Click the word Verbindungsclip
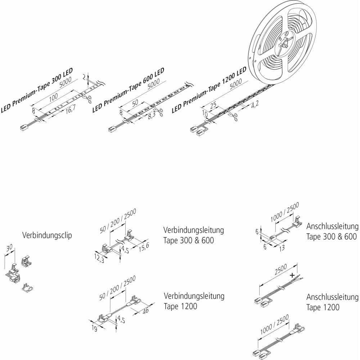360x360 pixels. tap(47, 235)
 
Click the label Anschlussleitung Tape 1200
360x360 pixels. tap(332, 302)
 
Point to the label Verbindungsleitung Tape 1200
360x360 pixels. tap(194, 301)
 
